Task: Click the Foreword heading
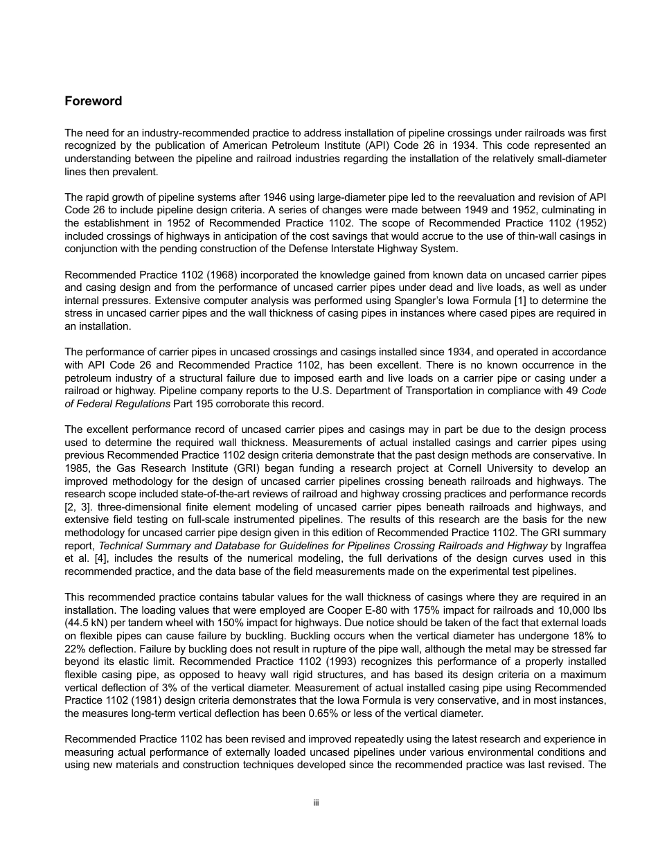click(93, 101)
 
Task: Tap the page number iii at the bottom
click(315, 803)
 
